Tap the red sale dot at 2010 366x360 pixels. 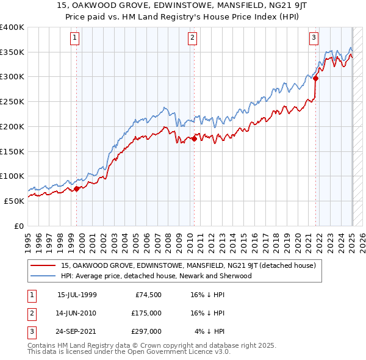[x=194, y=139]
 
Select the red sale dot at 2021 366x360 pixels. [x=316, y=78]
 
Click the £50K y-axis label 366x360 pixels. [x=15, y=201]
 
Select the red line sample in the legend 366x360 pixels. [x=45, y=265]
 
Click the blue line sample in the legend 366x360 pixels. [x=45, y=276]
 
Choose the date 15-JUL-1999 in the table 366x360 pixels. [x=77, y=294]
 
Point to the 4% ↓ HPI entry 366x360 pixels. [x=209, y=333]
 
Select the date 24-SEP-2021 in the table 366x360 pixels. [x=77, y=333]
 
